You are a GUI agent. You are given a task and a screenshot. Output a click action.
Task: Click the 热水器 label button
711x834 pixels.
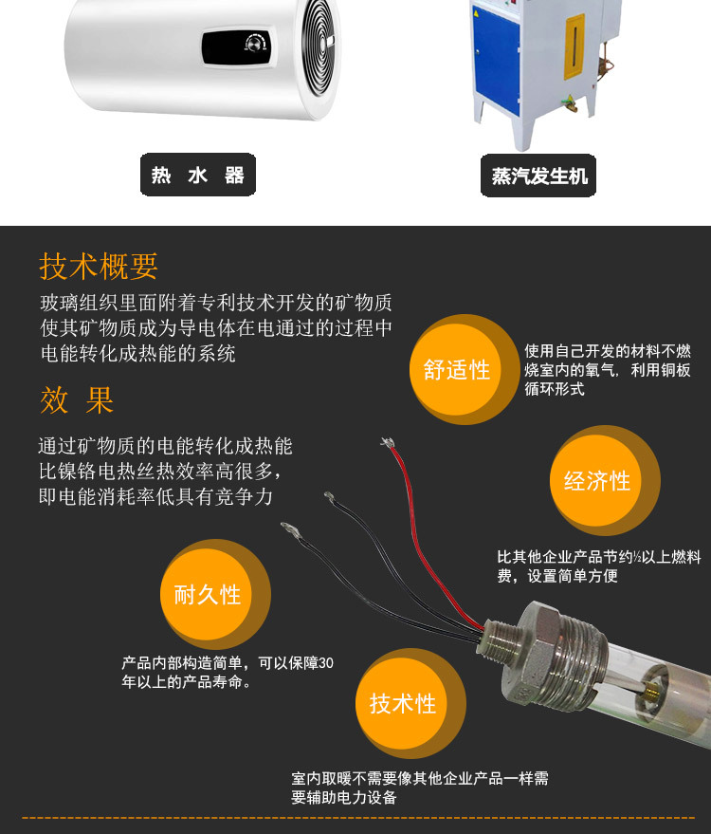point(198,175)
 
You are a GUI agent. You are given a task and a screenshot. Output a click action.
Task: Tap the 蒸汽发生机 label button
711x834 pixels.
point(538,176)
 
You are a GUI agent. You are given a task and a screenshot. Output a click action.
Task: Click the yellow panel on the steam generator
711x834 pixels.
point(574,46)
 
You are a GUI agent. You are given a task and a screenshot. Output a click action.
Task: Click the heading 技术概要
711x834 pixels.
point(99,267)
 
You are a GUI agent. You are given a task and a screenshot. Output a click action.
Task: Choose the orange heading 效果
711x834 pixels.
point(77,400)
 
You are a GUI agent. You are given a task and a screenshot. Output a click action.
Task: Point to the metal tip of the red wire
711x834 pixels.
point(388,442)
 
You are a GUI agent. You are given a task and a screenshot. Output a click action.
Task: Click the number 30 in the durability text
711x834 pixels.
point(326,662)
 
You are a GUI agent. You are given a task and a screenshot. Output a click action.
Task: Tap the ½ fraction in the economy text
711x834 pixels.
point(637,557)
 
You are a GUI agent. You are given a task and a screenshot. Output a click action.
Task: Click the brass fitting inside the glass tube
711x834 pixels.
point(651,691)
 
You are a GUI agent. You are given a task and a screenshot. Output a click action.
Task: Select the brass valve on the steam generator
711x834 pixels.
point(570,102)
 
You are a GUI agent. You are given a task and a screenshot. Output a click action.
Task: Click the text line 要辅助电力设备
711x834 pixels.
point(344,797)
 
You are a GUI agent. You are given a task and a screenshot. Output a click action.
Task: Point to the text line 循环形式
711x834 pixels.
point(555,389)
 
